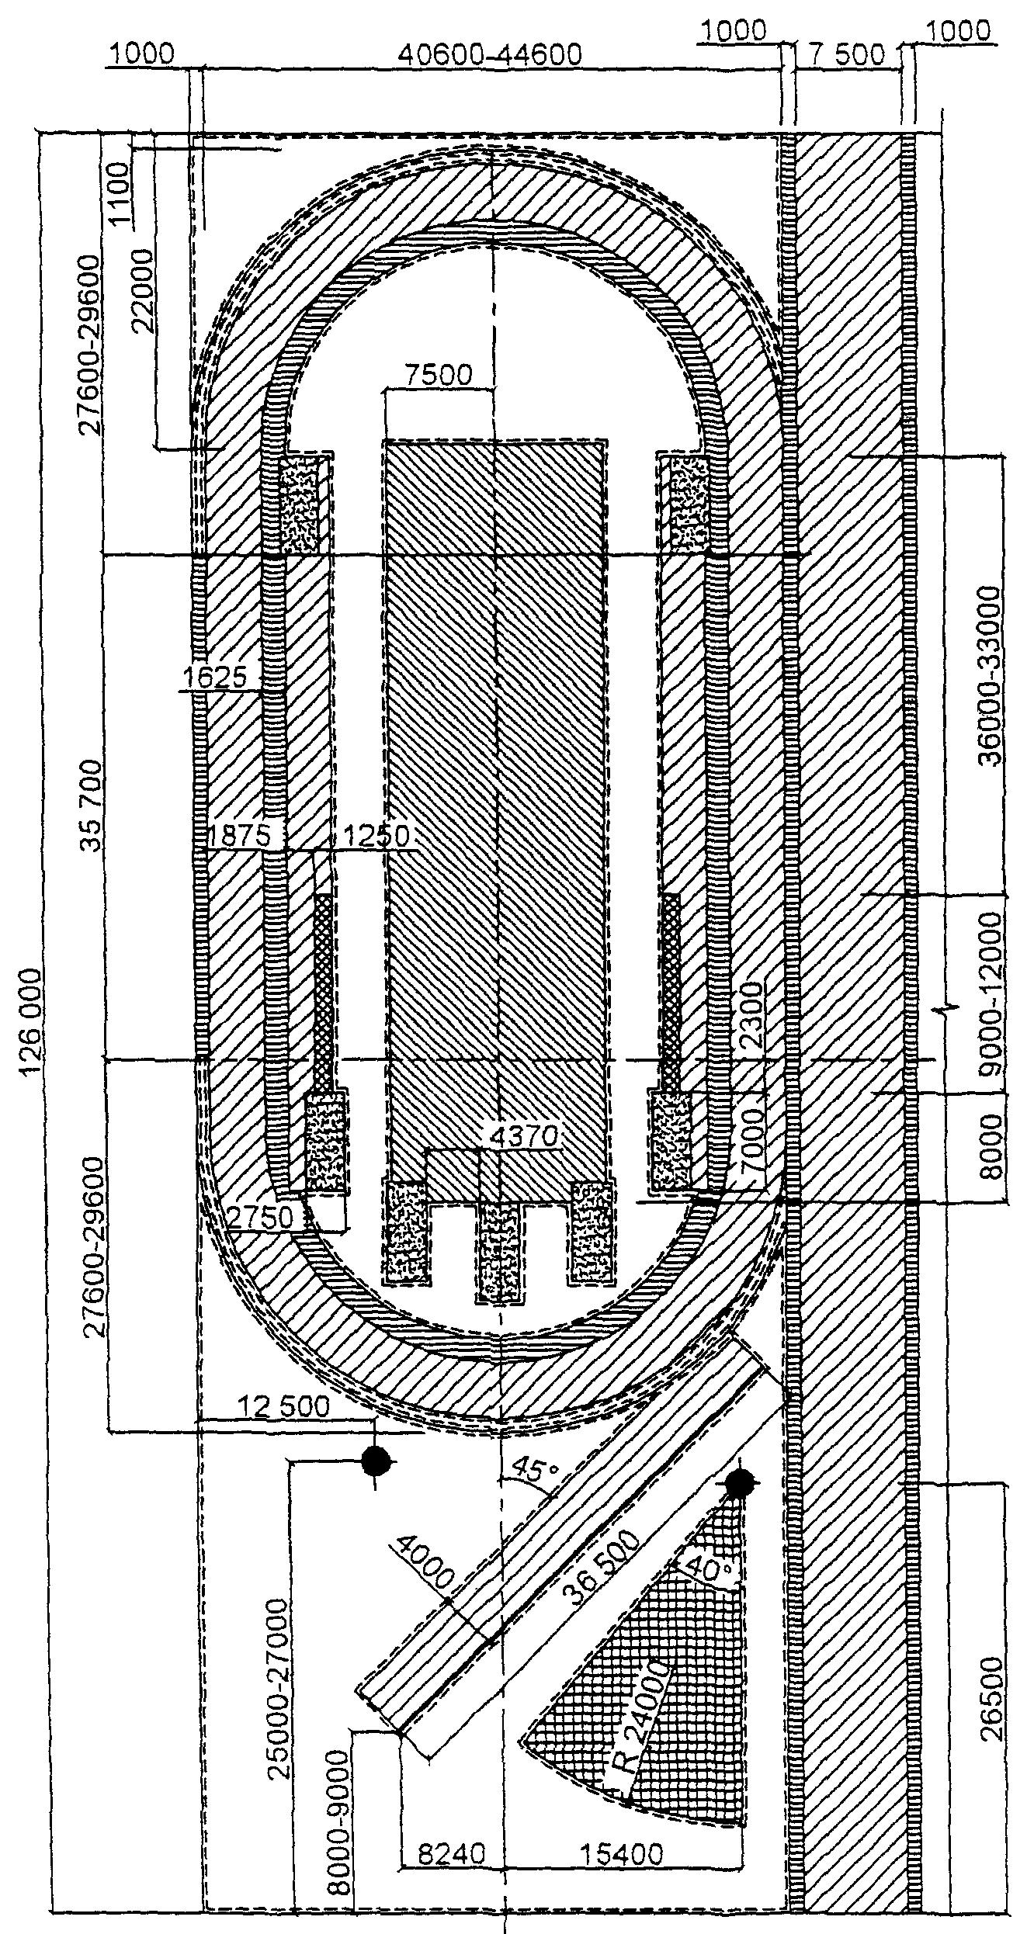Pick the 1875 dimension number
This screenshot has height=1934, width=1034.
click(243, 837)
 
